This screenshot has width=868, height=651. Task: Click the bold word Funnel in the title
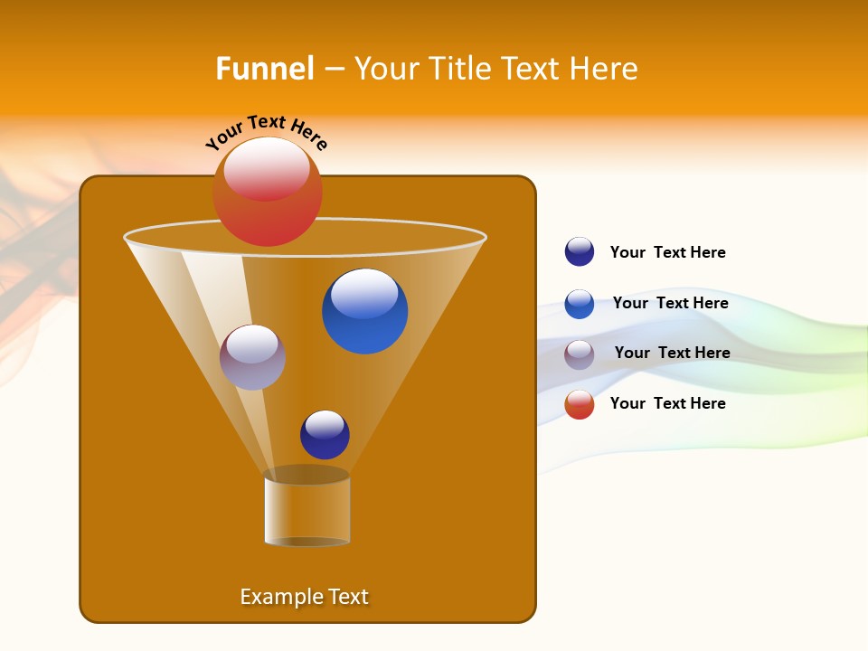click(264, 69)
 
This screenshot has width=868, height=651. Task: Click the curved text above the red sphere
click(266, 132)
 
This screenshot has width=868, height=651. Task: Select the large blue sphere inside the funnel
click(364, 312)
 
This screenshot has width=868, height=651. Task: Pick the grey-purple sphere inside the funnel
click(252, 358)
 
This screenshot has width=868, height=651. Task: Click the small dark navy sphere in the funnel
click(325, 435)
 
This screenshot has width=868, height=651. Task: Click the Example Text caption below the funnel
click(304, 597)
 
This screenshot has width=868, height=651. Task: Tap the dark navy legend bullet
click(580, 252)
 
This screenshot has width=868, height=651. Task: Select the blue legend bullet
click(580, 304)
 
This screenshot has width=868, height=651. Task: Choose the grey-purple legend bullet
click(580, 354)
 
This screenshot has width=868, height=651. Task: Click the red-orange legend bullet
click(580, 404)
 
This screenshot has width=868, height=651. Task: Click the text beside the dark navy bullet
click(667, 252)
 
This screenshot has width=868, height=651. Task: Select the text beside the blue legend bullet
click(670, 303)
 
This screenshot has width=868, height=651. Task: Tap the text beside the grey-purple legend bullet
click(672, 353)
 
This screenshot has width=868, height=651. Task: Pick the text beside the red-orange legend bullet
click(667, 403)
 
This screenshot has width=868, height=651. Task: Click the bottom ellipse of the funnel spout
click(307, 542)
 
